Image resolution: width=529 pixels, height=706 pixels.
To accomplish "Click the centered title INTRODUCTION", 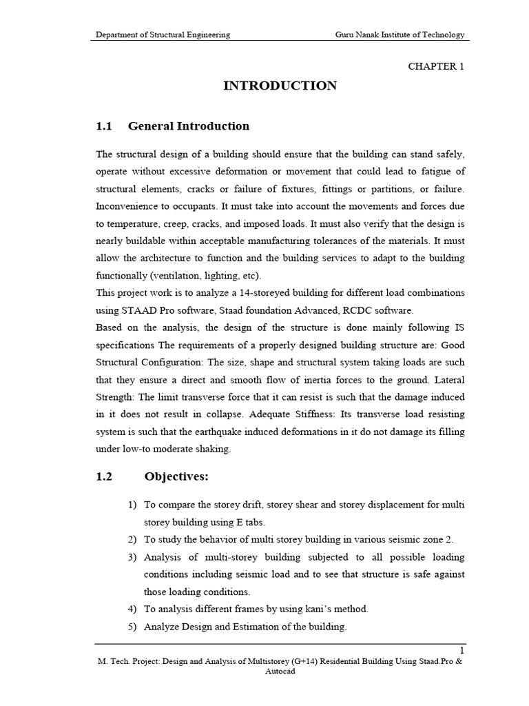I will tap(280, 86).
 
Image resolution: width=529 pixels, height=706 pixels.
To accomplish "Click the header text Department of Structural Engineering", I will tap(163, 34).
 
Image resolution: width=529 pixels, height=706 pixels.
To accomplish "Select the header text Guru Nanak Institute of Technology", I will tap(400, 34).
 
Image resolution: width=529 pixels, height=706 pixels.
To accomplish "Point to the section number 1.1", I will tap(103, 126).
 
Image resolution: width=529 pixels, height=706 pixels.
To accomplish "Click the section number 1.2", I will tap(103, 476).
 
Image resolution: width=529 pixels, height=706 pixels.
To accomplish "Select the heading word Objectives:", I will tap(176, 476).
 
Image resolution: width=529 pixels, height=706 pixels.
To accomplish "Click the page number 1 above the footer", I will tap(462, 650).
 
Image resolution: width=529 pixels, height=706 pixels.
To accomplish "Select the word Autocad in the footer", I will tap(280, 672).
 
